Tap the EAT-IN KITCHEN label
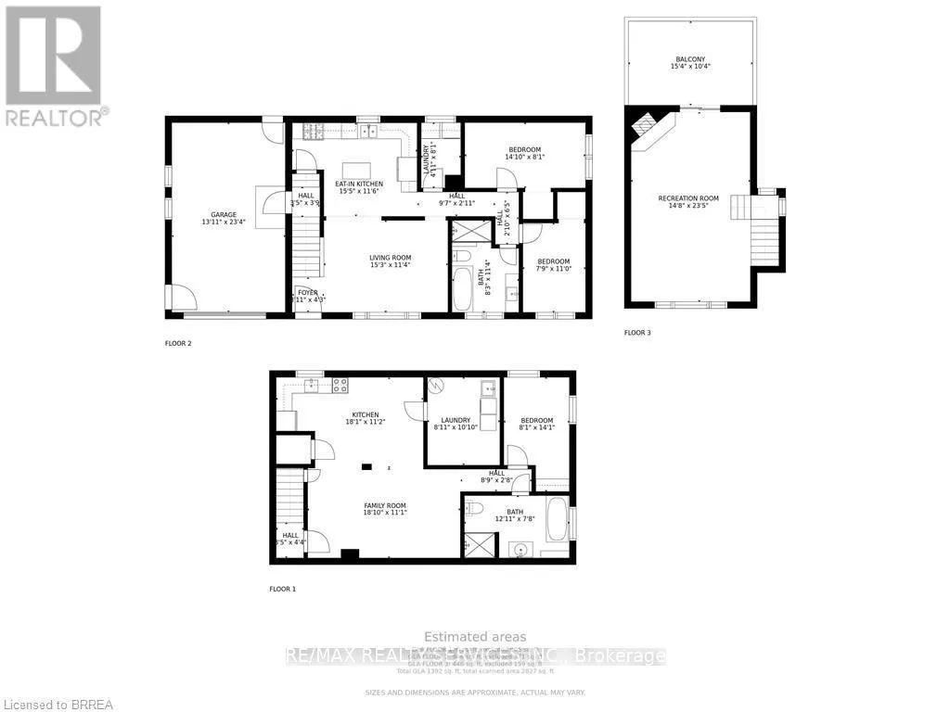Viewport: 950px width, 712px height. point(360,184)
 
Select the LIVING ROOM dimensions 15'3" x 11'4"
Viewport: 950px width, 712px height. point(391,265)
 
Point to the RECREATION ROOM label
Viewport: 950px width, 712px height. point(688,198)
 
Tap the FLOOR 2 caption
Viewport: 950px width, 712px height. point(178,343)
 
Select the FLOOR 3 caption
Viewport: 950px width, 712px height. point(637,332)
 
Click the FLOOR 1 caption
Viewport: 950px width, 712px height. point(282,589)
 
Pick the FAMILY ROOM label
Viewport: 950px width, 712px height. point(385,505)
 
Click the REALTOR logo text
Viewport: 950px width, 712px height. point(56,118)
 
